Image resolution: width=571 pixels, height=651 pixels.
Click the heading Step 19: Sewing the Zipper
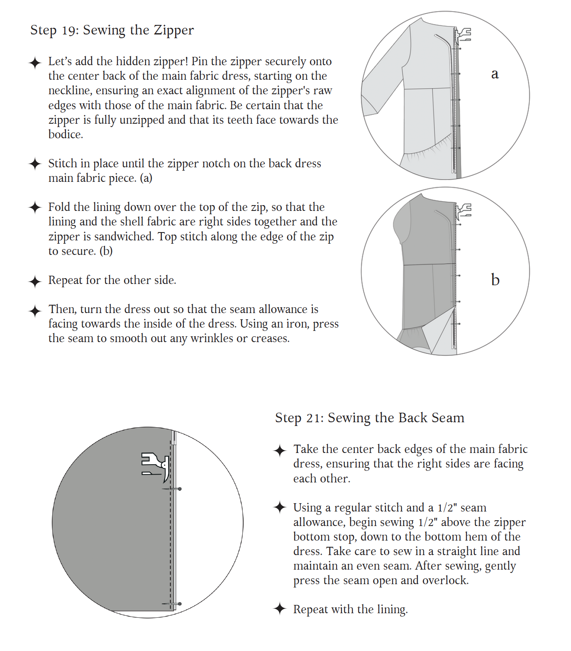click(x=112, y=30)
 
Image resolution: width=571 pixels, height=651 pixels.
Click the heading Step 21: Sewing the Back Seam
click(x=369, y=418)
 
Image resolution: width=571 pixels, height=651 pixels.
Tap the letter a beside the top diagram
click(x=495, y=74)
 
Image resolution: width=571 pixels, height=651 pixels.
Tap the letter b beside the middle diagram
click(x=495, y=280)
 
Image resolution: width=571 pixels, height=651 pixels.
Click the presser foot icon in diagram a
click(x=463, y=35)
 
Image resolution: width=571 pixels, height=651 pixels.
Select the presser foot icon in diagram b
click(x=463, y=211)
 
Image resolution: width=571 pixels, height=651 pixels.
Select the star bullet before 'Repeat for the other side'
click(x=35, y=281)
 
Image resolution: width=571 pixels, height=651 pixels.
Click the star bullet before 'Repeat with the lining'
click(x=280, y=609)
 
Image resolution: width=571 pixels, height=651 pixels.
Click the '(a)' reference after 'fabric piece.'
click(x=146, y=178)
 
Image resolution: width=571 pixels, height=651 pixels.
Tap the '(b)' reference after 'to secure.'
click(x=106, y=251)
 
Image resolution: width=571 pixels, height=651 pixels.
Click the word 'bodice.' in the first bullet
click(x=66, y=135)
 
